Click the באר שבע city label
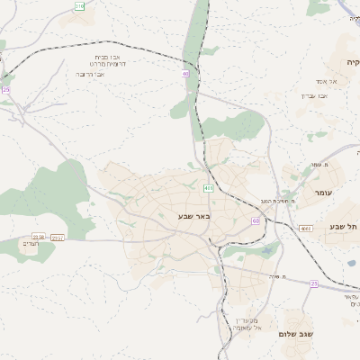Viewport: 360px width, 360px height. pos(193,216)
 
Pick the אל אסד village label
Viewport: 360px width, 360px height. pos(319,82)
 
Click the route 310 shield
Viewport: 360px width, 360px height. pos(79,6)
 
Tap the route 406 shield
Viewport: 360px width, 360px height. pos(209,188)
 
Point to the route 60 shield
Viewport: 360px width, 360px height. pos(256,220)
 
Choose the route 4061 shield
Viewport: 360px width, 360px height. pos(306,229)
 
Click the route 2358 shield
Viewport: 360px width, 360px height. pos(39,237)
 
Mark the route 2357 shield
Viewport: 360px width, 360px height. pos(58,238)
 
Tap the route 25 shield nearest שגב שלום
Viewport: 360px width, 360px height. pos(314,283)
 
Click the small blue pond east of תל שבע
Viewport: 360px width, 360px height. pos(350,263)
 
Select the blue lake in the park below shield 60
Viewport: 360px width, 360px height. pos(266,250)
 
